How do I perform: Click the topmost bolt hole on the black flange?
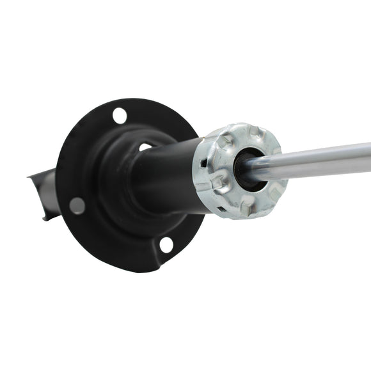[120, 116]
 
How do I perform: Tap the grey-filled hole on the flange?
[77, 205]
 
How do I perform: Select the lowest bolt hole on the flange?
[166, 244]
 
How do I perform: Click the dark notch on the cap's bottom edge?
[221, 209]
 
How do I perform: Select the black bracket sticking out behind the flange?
[41, 192]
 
